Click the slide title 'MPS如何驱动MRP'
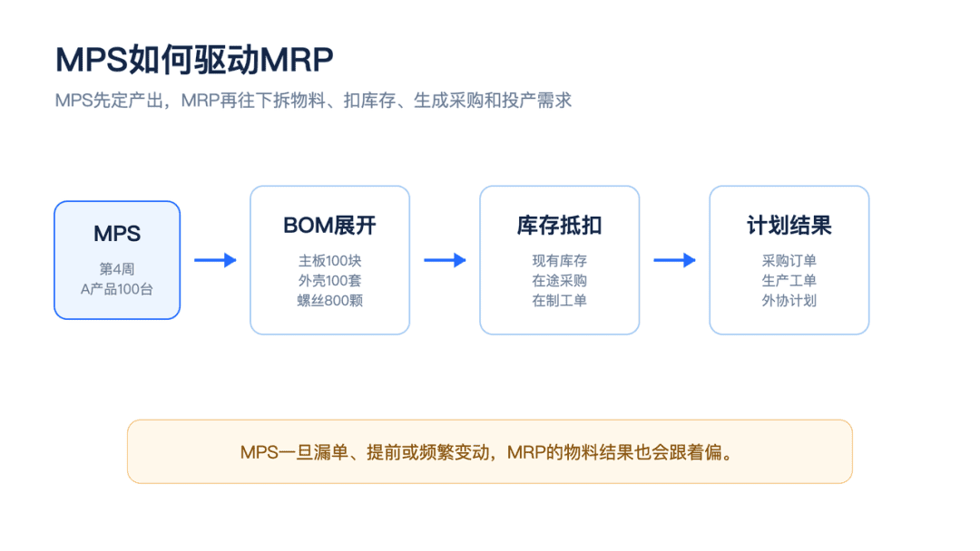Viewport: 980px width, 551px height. (194, 60)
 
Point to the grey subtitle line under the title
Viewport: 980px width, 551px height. (313, 101)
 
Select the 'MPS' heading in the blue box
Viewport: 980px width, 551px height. (117, 234)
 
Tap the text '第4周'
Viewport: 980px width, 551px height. (117, 269)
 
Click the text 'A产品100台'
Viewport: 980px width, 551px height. (117, 289)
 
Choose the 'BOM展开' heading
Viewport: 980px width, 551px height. (330, 226)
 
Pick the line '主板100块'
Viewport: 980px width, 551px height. (330, 261)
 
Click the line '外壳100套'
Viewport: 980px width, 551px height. (330, 281)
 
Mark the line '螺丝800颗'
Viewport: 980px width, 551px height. (330, 301)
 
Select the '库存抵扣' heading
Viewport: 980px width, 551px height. (559, 226)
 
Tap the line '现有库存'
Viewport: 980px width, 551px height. (559, 261)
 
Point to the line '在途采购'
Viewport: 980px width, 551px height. (559, 281)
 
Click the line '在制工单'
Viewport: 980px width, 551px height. (559, 301)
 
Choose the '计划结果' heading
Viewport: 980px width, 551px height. (789, 226)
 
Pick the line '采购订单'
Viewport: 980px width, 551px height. (789, 261)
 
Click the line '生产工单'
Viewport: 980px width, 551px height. (789, 281)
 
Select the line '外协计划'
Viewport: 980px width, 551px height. (789, 301)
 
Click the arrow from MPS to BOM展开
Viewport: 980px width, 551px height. (215, 260)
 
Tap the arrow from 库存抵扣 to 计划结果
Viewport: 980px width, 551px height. (675, 260)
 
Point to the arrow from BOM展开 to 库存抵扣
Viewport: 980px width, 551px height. (445, 260)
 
